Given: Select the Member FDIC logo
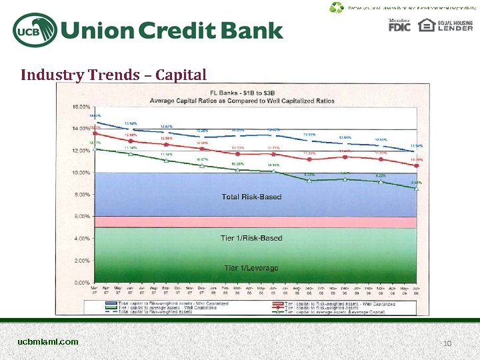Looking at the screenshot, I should tap(399, 25).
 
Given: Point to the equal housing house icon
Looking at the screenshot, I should tap(425, 25).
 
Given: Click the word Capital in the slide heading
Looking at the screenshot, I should tap(181, 74).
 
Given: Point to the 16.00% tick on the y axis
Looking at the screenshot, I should tap(81, 107).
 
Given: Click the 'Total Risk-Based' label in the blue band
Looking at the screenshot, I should tap(251, 197).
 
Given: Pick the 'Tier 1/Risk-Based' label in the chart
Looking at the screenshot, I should tap(251, 238).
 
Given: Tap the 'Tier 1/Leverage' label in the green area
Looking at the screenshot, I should tap(251, 267).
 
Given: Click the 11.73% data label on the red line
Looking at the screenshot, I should tap(238, 147).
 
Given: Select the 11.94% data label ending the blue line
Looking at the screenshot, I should tap(417, 145).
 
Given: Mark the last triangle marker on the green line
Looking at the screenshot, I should tap(416, 189).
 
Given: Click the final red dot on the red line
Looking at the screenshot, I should tap(416, 165).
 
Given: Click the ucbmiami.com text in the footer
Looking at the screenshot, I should tap(48, 342).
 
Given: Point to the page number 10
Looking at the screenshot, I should tap(447, 343).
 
